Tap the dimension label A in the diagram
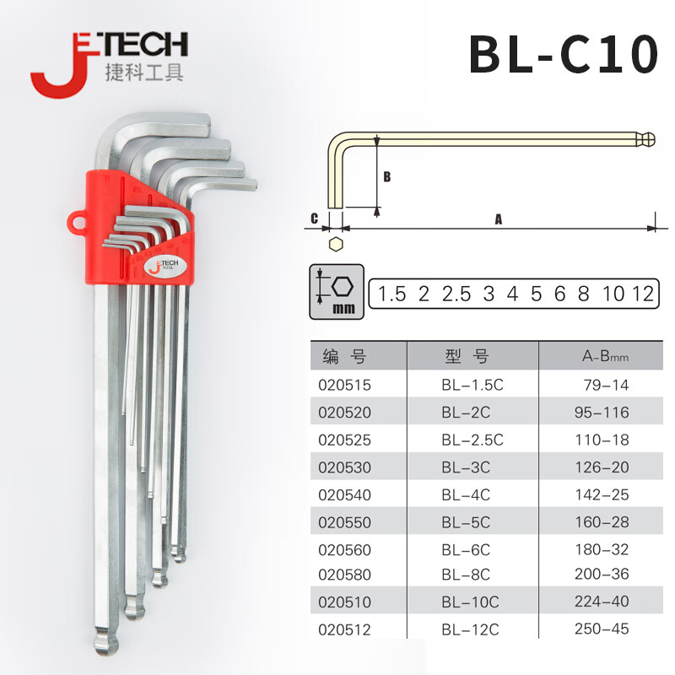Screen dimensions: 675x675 [499, 219]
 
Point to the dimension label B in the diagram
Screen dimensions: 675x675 [387, 177]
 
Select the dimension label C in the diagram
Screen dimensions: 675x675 [314, 219]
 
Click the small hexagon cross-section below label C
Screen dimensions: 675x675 [336, 244]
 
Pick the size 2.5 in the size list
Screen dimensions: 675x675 [456, 294]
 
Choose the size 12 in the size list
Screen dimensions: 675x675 [642, 294]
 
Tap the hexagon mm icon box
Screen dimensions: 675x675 [335, 293]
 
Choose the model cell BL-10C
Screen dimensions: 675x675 [470, 602]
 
